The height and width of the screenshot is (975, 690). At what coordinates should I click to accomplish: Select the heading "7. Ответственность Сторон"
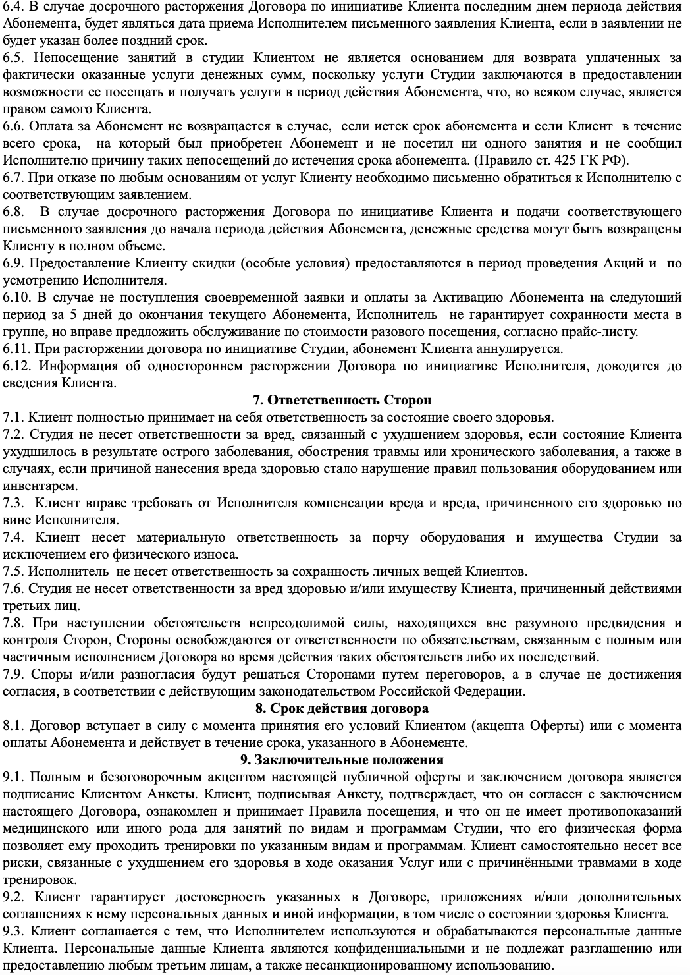tap(342, 400)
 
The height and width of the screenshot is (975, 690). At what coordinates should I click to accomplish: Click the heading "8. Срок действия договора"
tap(342, 708)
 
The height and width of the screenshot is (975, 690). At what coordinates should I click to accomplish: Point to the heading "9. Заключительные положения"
tap(342, 760)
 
